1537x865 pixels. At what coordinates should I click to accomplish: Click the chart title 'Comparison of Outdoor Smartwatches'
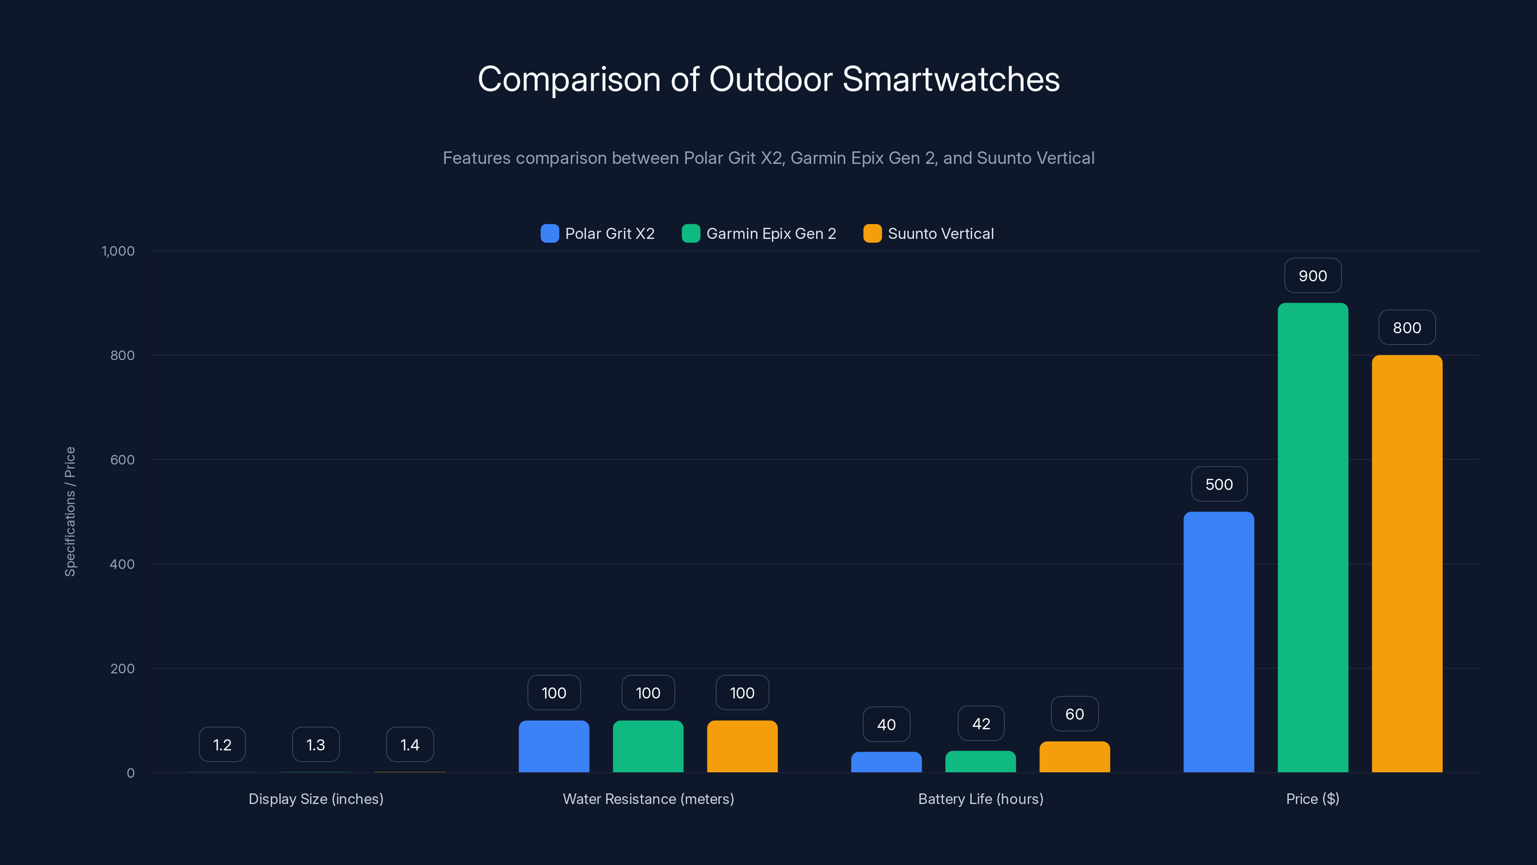[x=768, y=79]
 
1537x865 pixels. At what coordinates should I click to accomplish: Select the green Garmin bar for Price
[x=1313, y=537]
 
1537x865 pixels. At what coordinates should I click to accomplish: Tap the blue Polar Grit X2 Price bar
[x=1219, y=642]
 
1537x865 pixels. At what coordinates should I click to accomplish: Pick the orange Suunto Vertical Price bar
[x=1407, y=564]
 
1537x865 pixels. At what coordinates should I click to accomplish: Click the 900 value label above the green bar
[x=1313, y=276]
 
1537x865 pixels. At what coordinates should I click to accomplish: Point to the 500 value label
[x=1219, y=484]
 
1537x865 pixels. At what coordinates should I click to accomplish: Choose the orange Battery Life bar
[x=1074, y=757]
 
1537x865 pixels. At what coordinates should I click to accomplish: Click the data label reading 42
[x=981, y=724]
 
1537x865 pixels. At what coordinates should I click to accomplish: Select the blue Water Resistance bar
[x=554, y=746]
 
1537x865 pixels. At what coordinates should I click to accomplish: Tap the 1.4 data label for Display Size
[x=410, y=745]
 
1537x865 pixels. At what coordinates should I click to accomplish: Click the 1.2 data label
[x=222, y=745]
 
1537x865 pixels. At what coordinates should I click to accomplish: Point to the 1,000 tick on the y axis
[x=118, y=251]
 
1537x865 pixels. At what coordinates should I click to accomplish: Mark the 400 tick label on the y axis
[x=122, y=564]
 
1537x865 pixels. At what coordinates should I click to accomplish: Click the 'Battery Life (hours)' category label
[x=981, y=799]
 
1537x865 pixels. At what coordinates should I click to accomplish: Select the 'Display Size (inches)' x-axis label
[x=316, y=799]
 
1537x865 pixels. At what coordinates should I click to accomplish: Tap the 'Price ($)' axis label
[x=1313, y=799]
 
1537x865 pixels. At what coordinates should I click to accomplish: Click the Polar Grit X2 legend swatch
[x=549, y=234]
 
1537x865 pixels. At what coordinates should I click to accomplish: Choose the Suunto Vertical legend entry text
[x=941, y=234]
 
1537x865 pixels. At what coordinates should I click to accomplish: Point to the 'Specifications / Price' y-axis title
[x=70, y=512]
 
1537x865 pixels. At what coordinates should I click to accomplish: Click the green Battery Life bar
[x=980, y=762]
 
